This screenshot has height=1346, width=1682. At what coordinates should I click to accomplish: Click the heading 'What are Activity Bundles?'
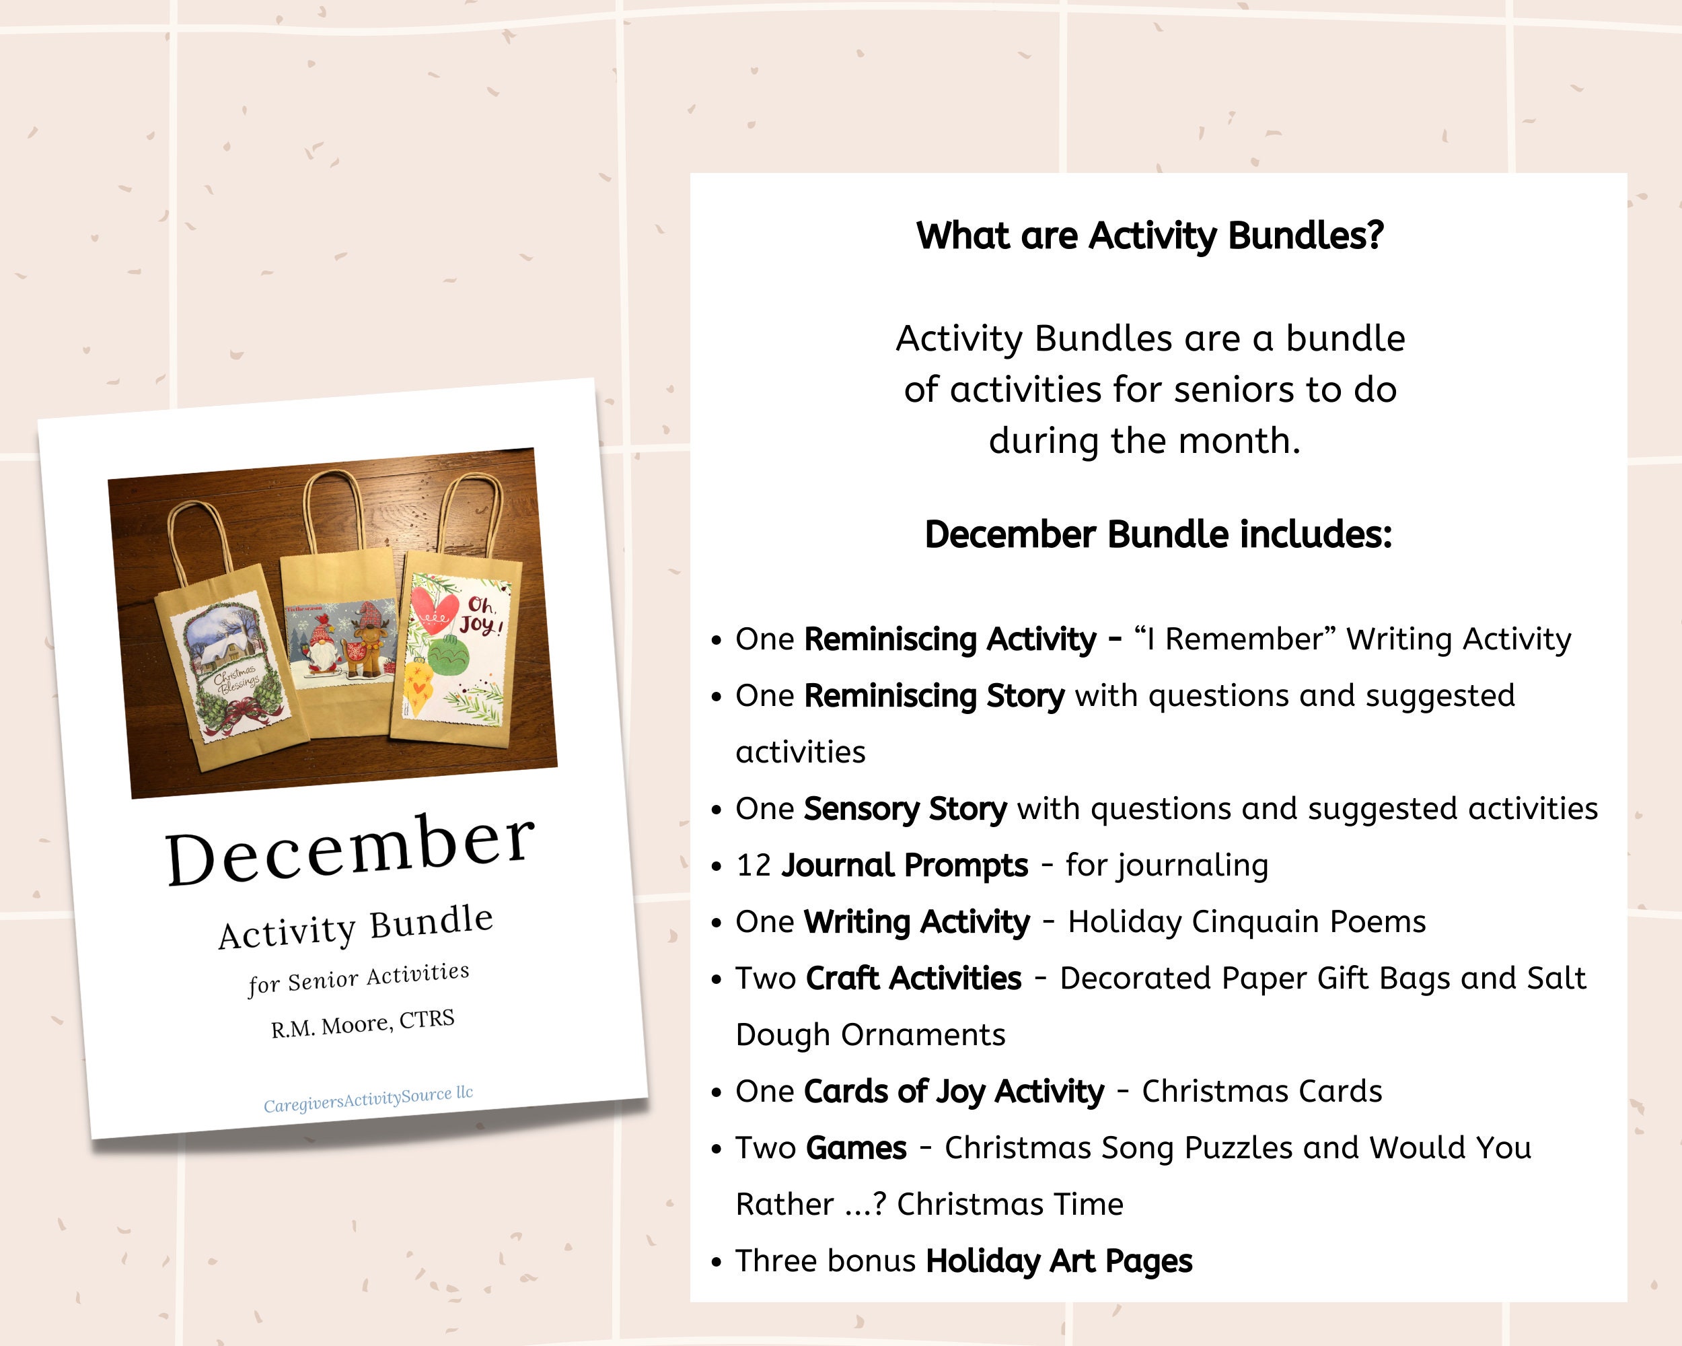tap(1149, 236)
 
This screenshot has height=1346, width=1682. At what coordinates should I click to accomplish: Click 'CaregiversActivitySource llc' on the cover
tap(368, 1098)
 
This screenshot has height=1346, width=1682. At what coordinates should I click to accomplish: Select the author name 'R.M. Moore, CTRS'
tap(363, 1024)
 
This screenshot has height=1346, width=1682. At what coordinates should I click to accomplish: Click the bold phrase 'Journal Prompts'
tap(904, 865)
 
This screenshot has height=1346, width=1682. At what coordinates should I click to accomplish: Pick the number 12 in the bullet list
tap(753, 865)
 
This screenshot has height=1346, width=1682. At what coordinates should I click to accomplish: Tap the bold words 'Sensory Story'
tap(905, 809)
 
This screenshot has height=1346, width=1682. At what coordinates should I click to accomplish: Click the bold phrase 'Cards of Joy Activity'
tap(953, 1092)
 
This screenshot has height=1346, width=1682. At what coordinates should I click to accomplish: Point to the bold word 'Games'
tap(856, 1148)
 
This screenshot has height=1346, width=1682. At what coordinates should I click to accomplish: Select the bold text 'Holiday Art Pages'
tap(1059, 1261)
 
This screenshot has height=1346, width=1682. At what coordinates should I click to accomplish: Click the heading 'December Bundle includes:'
tap(1158, 535)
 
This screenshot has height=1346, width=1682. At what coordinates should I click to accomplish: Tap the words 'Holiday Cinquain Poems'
tap(1246, 921)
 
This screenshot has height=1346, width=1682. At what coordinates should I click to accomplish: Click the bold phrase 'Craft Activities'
tap(913, 979)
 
